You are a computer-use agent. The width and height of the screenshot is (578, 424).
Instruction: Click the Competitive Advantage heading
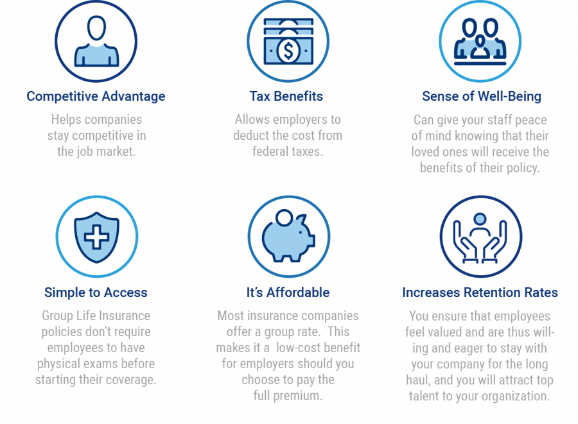(96, 96)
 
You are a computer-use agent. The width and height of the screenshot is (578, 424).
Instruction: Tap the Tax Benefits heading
(286, 96)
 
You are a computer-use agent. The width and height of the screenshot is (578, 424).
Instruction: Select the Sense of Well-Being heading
(482, 96)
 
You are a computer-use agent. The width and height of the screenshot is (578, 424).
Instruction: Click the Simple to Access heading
(96, 293)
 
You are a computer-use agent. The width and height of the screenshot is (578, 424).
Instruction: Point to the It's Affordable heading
(288, 293)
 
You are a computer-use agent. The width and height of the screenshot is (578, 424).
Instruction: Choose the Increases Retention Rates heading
(480, 293)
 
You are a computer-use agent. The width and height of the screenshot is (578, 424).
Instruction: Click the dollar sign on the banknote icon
(288, 51)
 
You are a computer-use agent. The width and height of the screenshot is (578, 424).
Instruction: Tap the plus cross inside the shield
(96, 237)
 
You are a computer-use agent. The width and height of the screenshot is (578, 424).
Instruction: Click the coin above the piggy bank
(285, 217)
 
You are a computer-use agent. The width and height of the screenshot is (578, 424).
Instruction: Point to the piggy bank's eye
(301, 232)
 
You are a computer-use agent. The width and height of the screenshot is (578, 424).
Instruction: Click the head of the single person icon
(96, 28)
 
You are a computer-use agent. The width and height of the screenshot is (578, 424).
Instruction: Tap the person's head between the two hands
(480, 219)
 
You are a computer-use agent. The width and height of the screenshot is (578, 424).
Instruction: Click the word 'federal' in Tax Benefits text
(268, 151)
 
